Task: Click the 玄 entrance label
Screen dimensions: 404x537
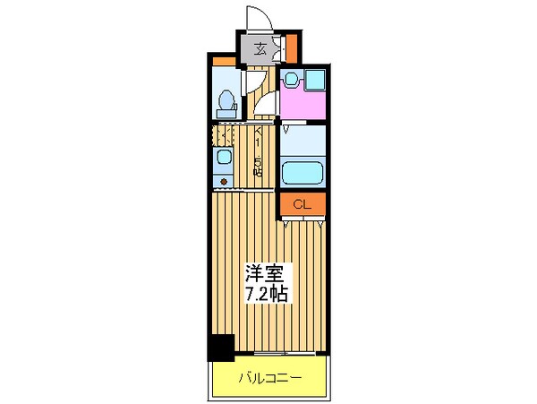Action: [x=260, y=49]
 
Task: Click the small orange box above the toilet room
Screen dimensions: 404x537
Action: [x=224, y=62]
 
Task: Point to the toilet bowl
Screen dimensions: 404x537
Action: [x=226, y=100]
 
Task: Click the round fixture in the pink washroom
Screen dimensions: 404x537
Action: [x=289, y=80]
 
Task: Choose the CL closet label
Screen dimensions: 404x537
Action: [x=303, y=205]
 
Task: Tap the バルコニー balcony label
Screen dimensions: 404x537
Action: [x=269, y=379]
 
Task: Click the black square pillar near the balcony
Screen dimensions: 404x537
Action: [x=221, y=347]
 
